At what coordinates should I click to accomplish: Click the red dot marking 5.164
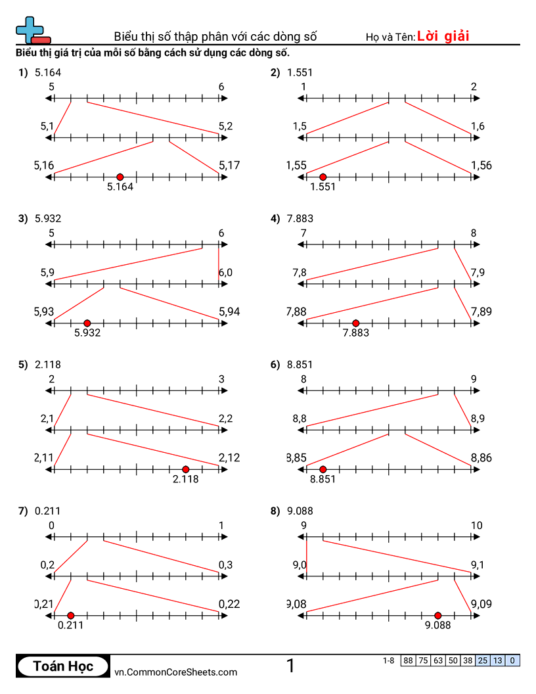click(120, 177)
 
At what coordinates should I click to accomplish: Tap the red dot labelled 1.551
click(323, 177)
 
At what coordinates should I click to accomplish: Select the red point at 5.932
click(87, 323)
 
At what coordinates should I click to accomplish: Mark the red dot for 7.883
click(355, 323)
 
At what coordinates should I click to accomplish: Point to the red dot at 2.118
click(185, 469)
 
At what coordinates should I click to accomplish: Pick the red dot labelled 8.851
click(323, 469)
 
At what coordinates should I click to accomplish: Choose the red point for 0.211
click(71, 615)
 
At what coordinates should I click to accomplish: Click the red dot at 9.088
click(437, 615)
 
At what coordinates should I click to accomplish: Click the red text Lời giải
click(443, 36)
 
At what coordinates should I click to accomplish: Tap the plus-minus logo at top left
click(32, 30)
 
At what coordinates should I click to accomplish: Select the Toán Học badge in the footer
click(63, 666)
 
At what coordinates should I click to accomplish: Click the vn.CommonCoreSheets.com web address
click(176, 672)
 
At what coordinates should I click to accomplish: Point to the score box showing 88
click(409, 660)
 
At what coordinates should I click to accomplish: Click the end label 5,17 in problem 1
click(230, 166)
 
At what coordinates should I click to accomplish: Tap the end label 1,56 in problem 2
click(481, 166)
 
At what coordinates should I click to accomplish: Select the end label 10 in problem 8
click(476, 525)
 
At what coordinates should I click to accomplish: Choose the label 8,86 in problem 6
click(481, 458)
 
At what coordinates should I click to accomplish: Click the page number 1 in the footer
click(290, 666)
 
